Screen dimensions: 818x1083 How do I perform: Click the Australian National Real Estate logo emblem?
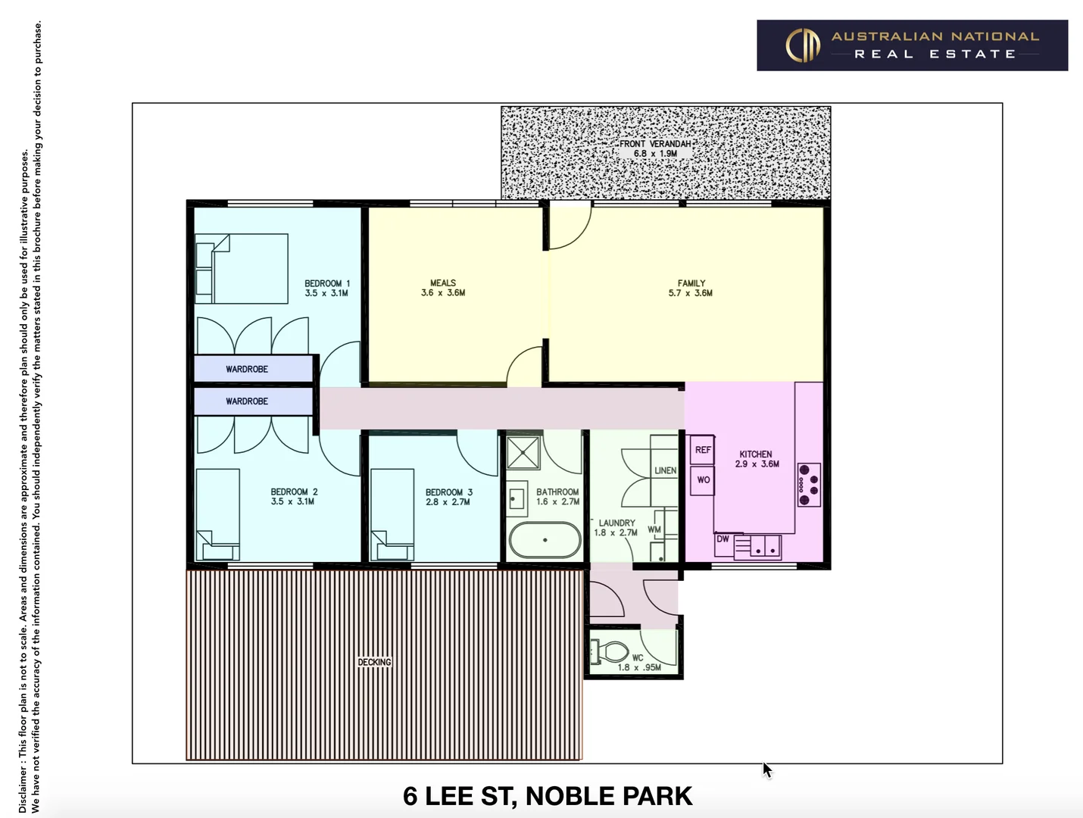tap(803, 45)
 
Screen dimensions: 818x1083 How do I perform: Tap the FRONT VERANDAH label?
tap(655, 148)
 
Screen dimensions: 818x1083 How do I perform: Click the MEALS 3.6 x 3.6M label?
tap(443, 288)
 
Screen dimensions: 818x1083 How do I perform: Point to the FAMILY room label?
tap(690, 288)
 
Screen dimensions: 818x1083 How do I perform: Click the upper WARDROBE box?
tap(254, 369)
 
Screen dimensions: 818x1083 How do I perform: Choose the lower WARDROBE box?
tap(254, 401)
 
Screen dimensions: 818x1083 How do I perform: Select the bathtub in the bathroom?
tap(545, 540)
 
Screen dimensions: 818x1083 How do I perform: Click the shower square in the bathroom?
tap(523, 453)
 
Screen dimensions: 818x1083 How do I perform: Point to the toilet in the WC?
tap(610, 651)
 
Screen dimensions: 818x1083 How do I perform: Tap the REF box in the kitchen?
tap(703, 450)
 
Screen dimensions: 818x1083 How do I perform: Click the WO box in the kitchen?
tap(703, 480)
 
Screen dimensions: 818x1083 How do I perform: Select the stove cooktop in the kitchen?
tap(809, 485)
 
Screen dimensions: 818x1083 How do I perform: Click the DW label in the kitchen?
tap(723, 539)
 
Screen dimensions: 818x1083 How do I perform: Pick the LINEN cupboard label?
tap(665, 470)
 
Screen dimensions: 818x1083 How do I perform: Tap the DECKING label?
tap(375, 662)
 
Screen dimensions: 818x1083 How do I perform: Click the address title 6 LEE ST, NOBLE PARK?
tap(548, 796)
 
